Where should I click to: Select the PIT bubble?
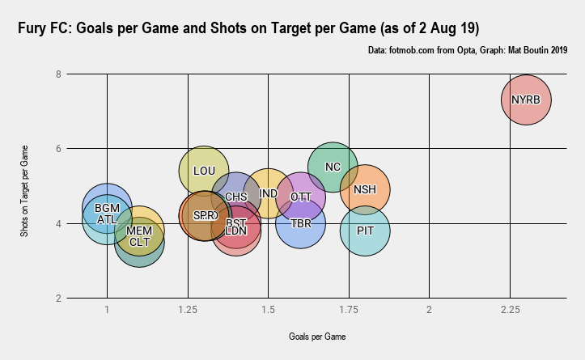(x=365, y=231)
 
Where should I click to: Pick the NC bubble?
(x=333, y=167)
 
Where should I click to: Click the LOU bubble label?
(x=204, y=171)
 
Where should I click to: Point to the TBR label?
(x=300, y=223)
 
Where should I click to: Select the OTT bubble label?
(x=300, y=197)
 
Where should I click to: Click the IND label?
(x=269, y=194)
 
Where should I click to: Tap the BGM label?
(x=107, y=208)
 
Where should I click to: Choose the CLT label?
(x=139, y=242)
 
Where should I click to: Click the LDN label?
(x=235, y=231)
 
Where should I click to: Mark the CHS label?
(x=235, y=197)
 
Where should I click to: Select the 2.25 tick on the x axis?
(x=510, y=311)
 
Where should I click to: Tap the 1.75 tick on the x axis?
(x=349, y=311)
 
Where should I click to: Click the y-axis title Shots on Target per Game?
(x=25, y=187)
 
